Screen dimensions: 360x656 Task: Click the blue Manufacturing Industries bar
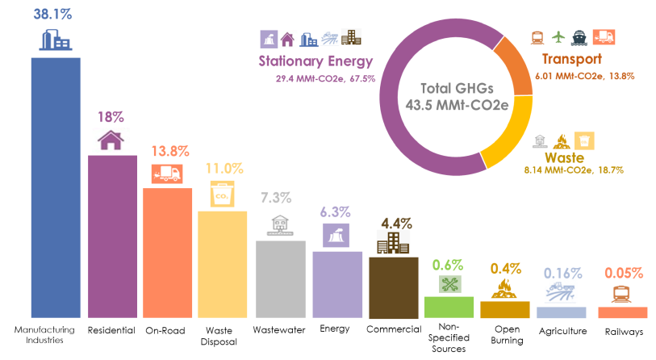56,187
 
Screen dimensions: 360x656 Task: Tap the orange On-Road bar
167,252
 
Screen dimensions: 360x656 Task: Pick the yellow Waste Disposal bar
222,264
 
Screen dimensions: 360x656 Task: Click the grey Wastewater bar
280,278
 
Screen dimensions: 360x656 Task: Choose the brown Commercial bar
393,287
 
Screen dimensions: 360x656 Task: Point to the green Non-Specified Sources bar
449,307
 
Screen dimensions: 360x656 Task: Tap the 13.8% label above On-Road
169,151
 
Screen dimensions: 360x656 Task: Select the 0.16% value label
562,272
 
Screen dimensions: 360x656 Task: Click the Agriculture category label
562,331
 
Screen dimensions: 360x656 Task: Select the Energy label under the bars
335,329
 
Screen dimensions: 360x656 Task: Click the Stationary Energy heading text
315,61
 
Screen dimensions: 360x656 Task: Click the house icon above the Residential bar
111,140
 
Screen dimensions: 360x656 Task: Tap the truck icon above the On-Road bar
167,173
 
